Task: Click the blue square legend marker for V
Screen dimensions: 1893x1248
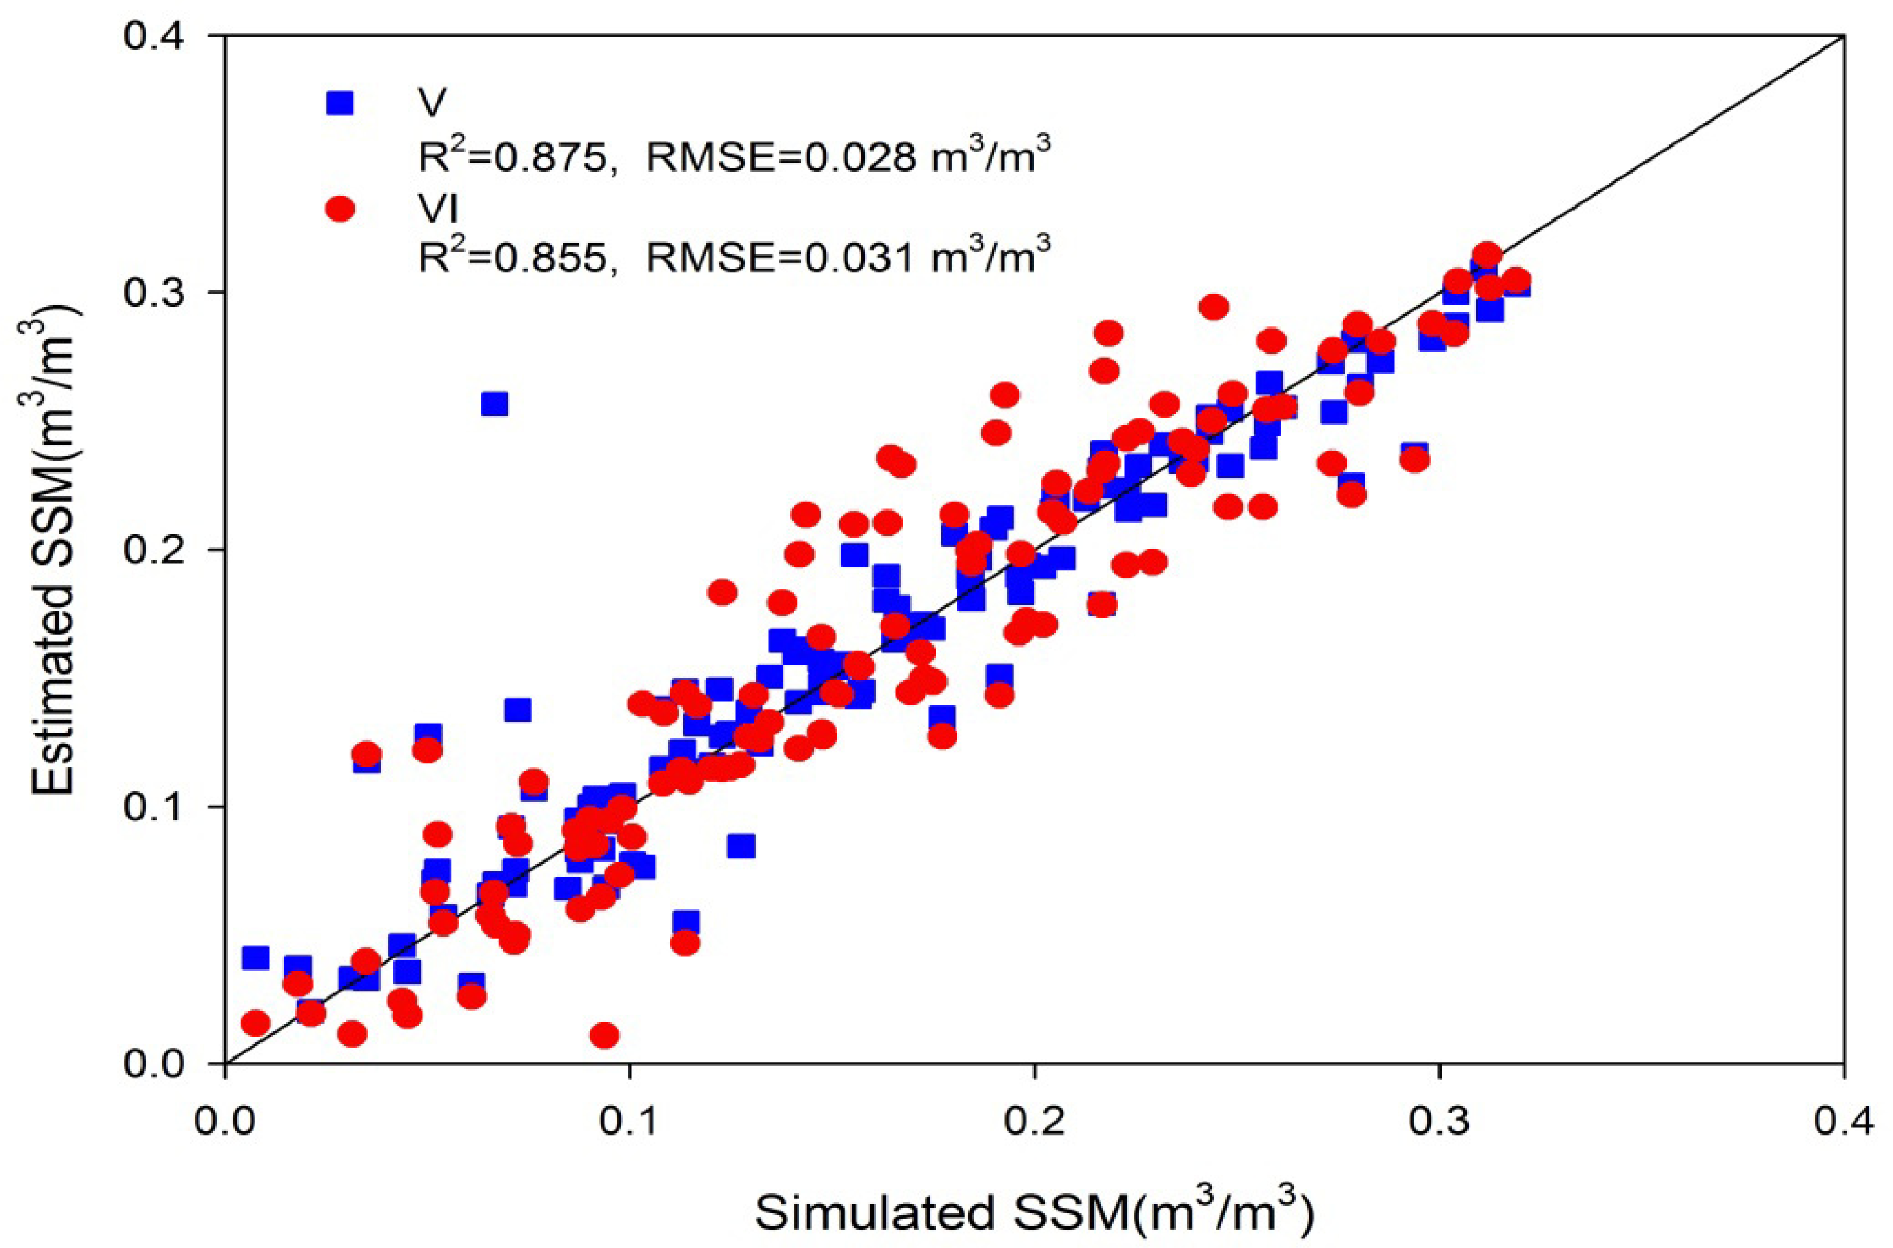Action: pos(340,103)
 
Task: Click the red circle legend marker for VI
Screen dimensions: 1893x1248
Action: pos(340,209)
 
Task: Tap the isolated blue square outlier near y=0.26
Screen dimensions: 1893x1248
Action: pos(494,404)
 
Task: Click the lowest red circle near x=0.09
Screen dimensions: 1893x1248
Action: pos(605,1035)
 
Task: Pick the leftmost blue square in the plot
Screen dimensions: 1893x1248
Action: pos(256,958)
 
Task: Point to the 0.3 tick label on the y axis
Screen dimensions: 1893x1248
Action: pos(158,293)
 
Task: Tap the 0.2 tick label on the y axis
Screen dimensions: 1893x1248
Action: pos(158,550)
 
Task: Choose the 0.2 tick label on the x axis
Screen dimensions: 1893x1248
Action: pos(1035,1121)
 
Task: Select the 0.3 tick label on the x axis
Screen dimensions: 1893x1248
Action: pos(1440,1121)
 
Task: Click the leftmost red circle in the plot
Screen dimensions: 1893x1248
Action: pos(256,1023)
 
